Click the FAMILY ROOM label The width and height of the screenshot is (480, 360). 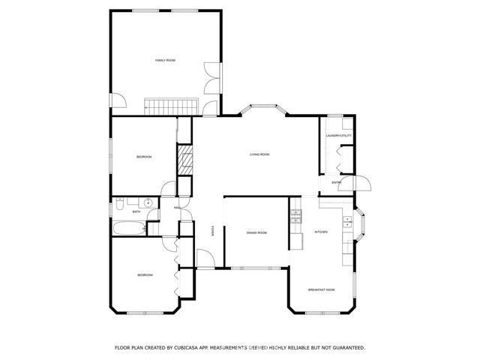pyautogui.click(x=165, y=60)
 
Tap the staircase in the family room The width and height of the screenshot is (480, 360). pyautogui.click(x=170, y=106)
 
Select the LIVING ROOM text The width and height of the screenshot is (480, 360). pyautogui.click(x=259, y=154)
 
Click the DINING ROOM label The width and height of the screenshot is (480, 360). pyautogui.click(x=256, y=233)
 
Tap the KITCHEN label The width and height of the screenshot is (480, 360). pyautogui.click(x=321, y=232)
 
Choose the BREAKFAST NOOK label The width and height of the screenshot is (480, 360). pyautogui.click(x=321, y=289)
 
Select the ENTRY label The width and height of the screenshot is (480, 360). pyautogui.click(x=337, y=182)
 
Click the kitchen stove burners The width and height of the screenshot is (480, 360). pyautogui.click(x=295, y=217)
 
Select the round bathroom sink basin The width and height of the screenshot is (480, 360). pyautogui.click(x=148, y=202)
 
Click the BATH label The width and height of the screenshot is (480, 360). pyautogui.click(x=136, y=212)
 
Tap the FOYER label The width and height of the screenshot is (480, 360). pyautogui.click(x=213, y=232)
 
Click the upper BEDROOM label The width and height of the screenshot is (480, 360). pyautogui.click(x=144, y=157)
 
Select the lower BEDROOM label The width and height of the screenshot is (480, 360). pyautogui.click(x=145, y=275)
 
